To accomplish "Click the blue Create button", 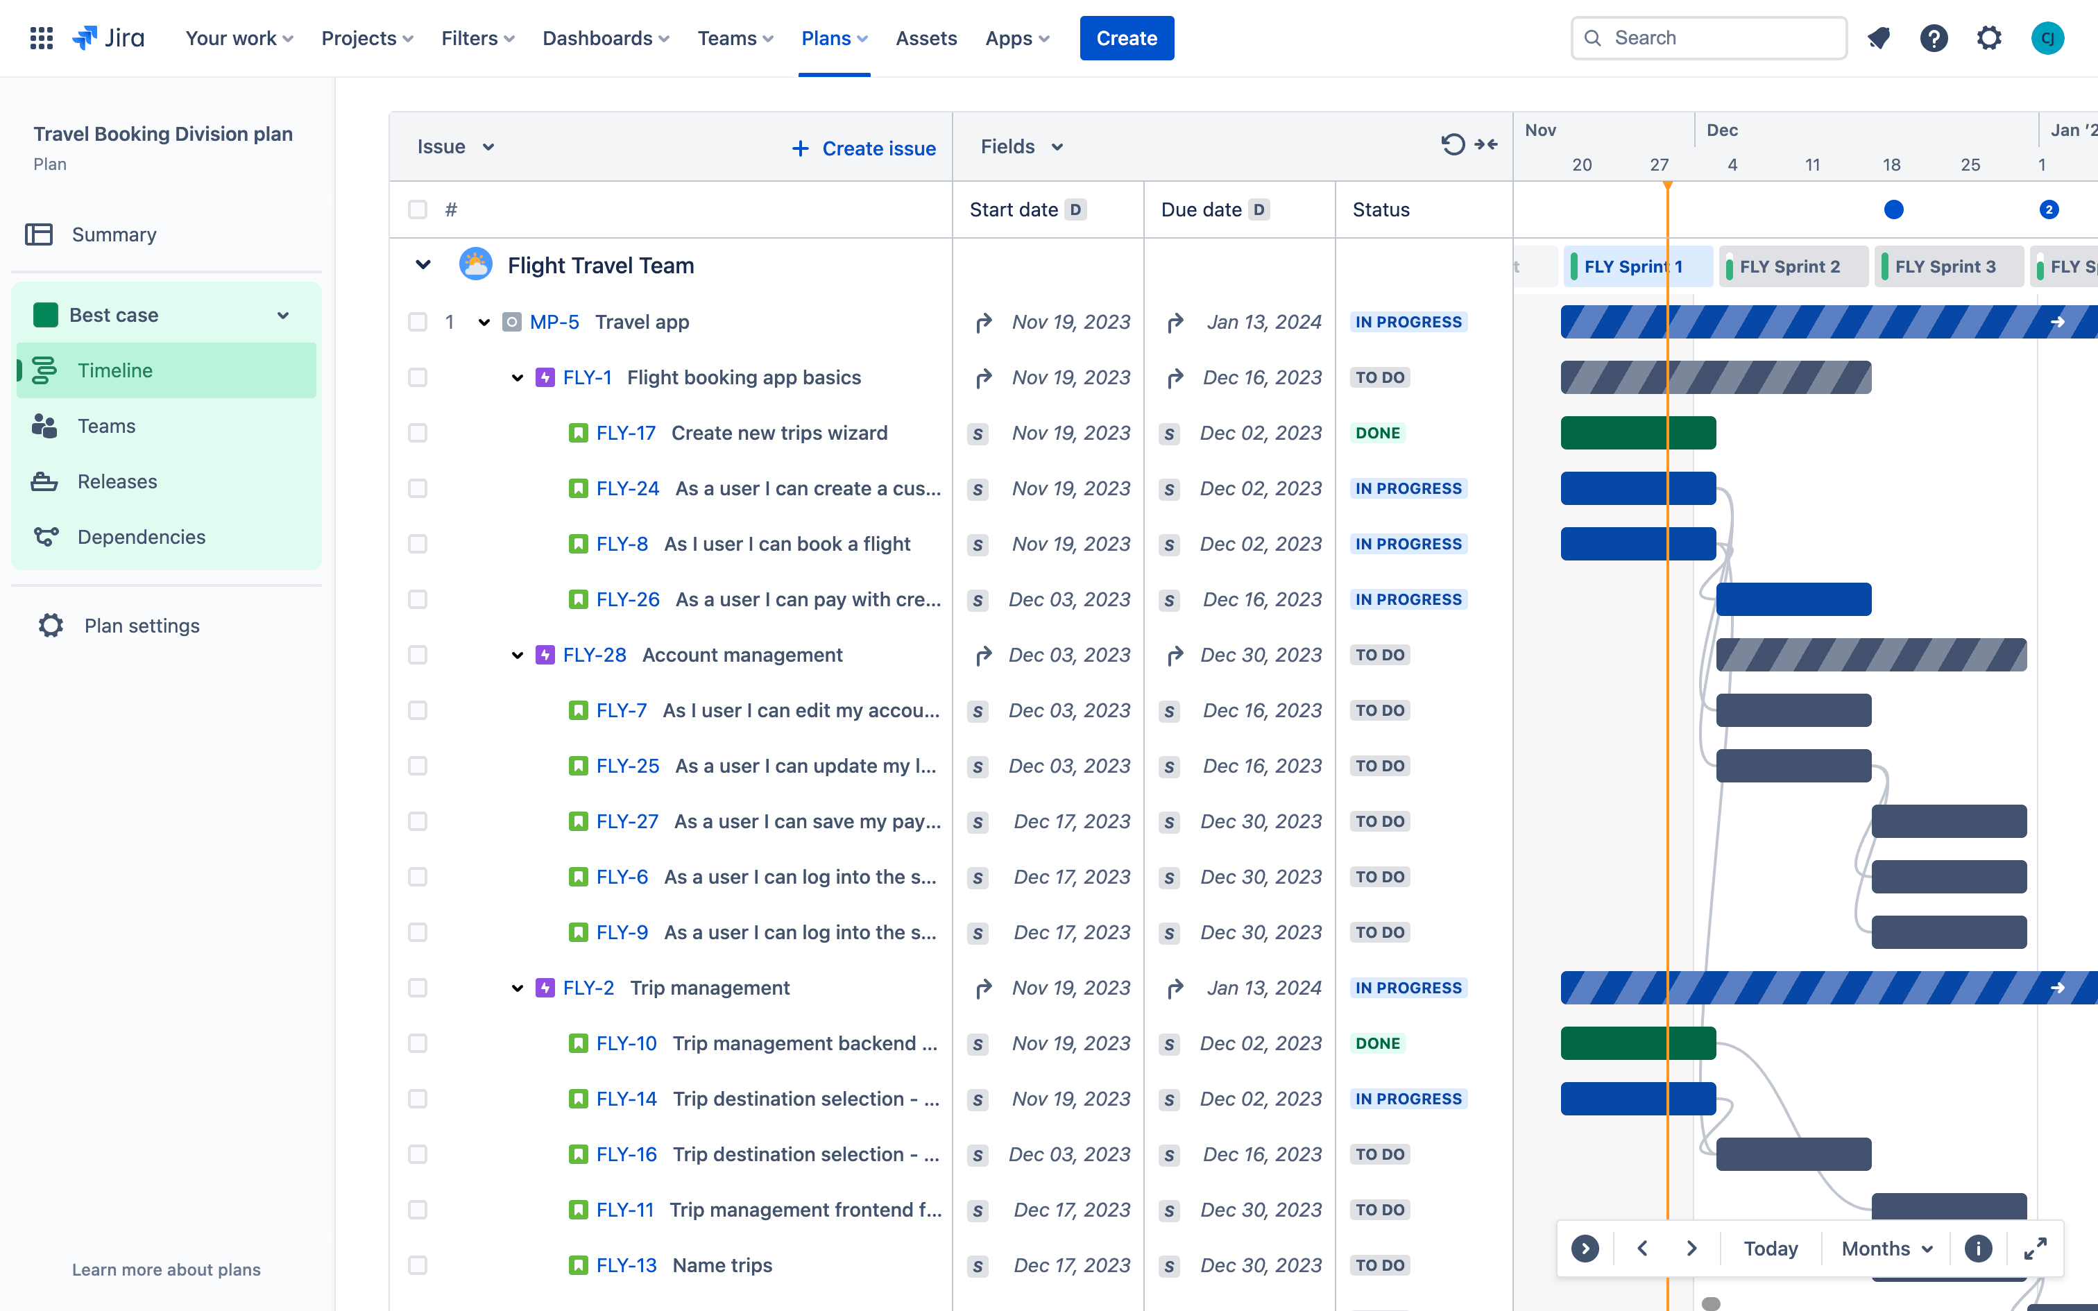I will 1126,38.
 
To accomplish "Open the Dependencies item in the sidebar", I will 142,537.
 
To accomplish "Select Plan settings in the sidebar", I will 142,625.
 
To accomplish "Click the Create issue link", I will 864,148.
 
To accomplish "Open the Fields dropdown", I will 1021,146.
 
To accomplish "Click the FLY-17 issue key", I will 625,433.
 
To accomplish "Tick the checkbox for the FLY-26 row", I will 418,599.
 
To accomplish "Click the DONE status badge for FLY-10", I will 1378,1043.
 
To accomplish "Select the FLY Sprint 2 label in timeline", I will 1789,266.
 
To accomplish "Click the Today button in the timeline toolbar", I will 1771,1249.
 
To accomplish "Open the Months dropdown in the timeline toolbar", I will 1886,1249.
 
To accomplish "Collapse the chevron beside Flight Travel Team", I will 423,265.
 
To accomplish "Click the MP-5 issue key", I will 554,322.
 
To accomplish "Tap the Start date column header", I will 1014,209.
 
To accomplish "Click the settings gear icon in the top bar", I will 1989,38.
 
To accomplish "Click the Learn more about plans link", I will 166,1269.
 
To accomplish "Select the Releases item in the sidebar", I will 117,481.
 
